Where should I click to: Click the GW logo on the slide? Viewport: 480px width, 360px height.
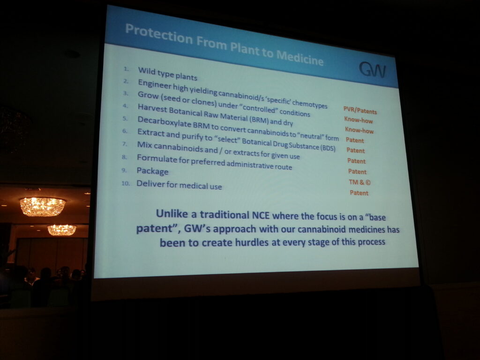pyautogui.click(x=372, y=69)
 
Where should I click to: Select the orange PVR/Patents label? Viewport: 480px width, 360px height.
pyautogui.click(x=360, y=110)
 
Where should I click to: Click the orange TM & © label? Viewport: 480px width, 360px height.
pyautogui.click(x=360, y=182)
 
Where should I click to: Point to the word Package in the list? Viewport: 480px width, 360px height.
pyautogui.click(x=152, y=171)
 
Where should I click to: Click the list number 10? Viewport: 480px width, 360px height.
pyautogui.click(x=126, y=183)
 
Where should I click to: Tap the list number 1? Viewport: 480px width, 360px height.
pyautogui.click(x=126, y=69)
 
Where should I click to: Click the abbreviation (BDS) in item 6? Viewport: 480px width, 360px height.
pyautogui.click(x=328, y=148)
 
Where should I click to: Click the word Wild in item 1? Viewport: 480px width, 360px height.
pyautogui.click(x=147, y=71)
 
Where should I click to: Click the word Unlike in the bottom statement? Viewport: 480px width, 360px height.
pyautogui.click(x=172, y=213)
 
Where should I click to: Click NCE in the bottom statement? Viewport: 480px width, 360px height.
pyautogui.click(x=261, y=215)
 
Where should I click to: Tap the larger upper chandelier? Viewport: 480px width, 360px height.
pyautogui.click(x=43, y=206)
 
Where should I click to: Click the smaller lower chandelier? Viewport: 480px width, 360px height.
pyautogui.click(x=62, y=230)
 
